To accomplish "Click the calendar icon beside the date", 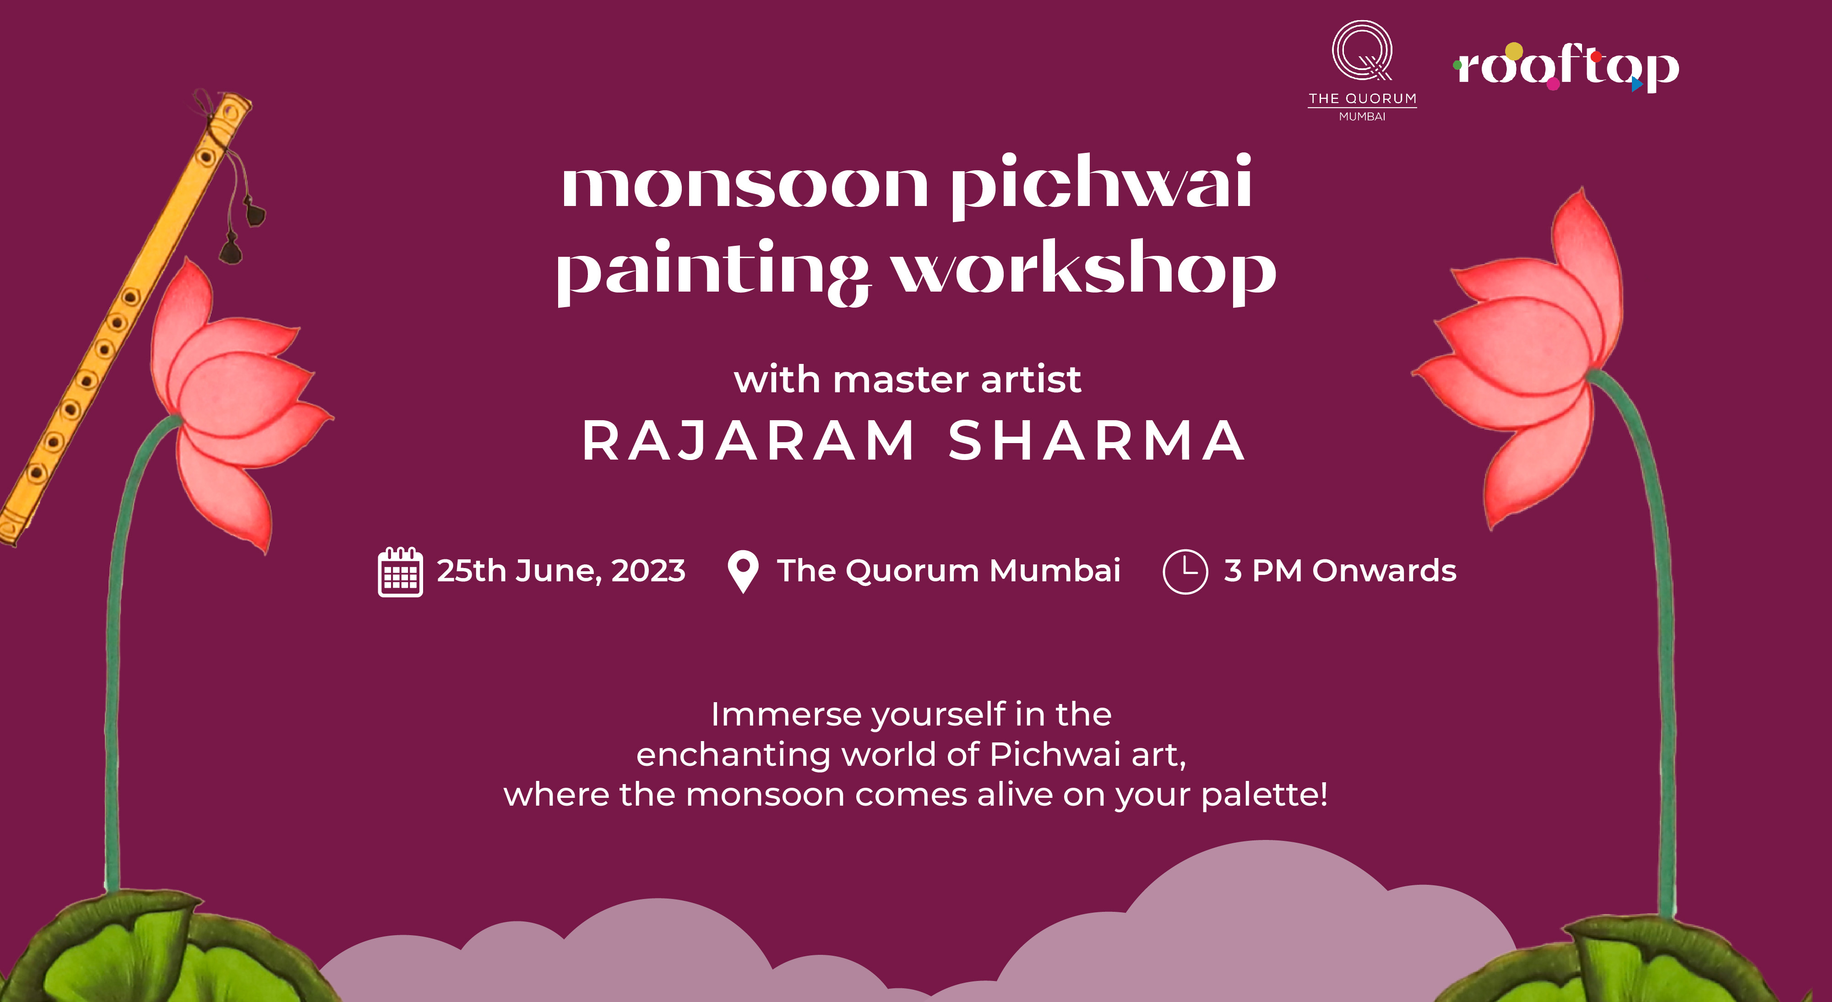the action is point(400,572).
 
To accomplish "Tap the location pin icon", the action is point(743,572).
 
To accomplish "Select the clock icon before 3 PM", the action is point(1185,571).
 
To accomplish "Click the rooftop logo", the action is point(1566,68).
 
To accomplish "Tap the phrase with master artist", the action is point(908,380).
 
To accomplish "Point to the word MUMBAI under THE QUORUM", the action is point(1362,117).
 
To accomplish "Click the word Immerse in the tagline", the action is point(787,715).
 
